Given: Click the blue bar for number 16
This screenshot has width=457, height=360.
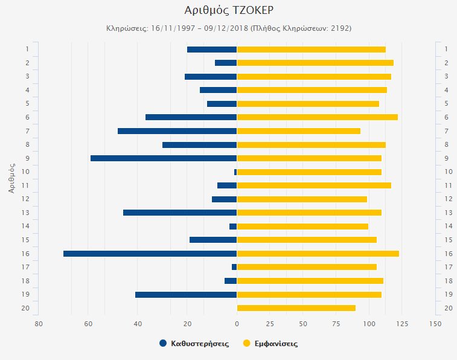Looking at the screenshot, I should [150, 254].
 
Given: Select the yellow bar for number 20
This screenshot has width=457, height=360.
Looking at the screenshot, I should [296, 308].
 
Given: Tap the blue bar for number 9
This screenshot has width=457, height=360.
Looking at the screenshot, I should [163, 158].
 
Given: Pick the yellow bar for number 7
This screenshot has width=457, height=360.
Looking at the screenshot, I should [298, 131].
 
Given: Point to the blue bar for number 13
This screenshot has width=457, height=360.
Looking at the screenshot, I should [179, 213].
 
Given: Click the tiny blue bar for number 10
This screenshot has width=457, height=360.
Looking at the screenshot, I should [235, 172].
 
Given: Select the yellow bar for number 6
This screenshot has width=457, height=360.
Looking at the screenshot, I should [317, 117].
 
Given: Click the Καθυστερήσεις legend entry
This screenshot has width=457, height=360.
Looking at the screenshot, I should [194, 343].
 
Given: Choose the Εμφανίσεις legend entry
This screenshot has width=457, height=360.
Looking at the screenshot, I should [270, 343].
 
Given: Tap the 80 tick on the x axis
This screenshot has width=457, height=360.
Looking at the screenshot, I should [39, 324].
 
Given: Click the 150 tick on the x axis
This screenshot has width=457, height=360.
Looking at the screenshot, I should [435, 324].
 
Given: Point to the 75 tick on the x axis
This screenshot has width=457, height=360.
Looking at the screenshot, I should [336, 324].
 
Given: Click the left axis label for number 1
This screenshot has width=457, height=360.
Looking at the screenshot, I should [27, 49].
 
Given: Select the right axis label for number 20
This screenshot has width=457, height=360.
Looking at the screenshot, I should [449, 308].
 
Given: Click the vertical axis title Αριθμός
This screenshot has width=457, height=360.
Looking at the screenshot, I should [11, 177].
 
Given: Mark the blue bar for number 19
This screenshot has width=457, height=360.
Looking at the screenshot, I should [185, 295].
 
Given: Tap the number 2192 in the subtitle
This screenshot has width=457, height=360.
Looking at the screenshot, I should [339, 28].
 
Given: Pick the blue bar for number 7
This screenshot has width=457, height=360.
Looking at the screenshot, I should [177, 131].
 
